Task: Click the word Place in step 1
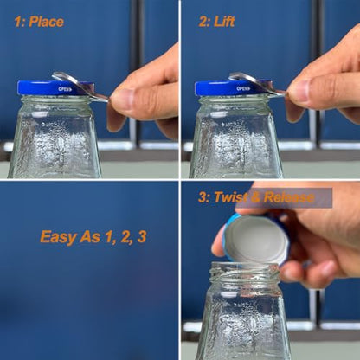point(46,22)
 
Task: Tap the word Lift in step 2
point(224,22)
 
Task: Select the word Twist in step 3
point(230,197)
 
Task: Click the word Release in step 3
point(289,197)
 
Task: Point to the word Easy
point(59,237)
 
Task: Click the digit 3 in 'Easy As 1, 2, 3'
point(142,237)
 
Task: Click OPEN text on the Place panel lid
point(65,89)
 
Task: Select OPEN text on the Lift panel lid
point(243,88)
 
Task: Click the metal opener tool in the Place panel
point(80,86)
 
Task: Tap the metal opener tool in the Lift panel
point(257,84)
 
